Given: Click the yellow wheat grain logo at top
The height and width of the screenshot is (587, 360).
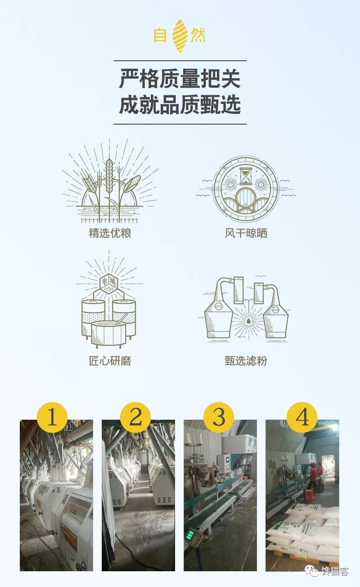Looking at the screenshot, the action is pyautogui.click(x=180, y=36).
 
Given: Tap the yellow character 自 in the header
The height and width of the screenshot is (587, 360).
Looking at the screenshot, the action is pyautogui.click(x=160, y=36).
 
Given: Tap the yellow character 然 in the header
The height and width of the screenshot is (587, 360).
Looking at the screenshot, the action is pyautogui.click(x=198, y=36).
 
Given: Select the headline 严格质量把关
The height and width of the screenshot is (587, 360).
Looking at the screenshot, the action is pyautogui.click(x=180, y=78).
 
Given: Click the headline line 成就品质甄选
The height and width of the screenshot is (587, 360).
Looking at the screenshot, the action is pyautogui.click(x=180, y=104).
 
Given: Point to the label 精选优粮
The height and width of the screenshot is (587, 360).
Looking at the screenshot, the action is pyautogui.click(x=110, y=233).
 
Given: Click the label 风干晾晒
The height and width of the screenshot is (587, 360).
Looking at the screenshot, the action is pyautogui.click(x=246, y=233).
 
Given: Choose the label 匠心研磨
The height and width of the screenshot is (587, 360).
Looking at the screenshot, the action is pyautogui.click(x=110, y=361).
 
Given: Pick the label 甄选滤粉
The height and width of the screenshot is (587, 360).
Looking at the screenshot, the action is pyautogui.click(x=246, y=361).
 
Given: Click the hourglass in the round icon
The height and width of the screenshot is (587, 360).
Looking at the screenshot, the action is pyautogui.click(x=246, y=176).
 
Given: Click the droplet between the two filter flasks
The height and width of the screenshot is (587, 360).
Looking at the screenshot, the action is pyautogui.click(x=247, y=321).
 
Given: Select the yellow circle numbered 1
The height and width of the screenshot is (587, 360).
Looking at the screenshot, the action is pyautogui.click(x=52, y=417).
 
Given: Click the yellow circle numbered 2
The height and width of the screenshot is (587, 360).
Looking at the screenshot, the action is pyautogui.click(x=135, y=417).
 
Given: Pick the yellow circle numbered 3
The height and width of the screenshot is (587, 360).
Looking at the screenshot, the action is pyautogui.click(x=219, y=417).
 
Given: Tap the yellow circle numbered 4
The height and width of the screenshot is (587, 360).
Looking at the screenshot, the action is pyautogui.click(x=302, y=417).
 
